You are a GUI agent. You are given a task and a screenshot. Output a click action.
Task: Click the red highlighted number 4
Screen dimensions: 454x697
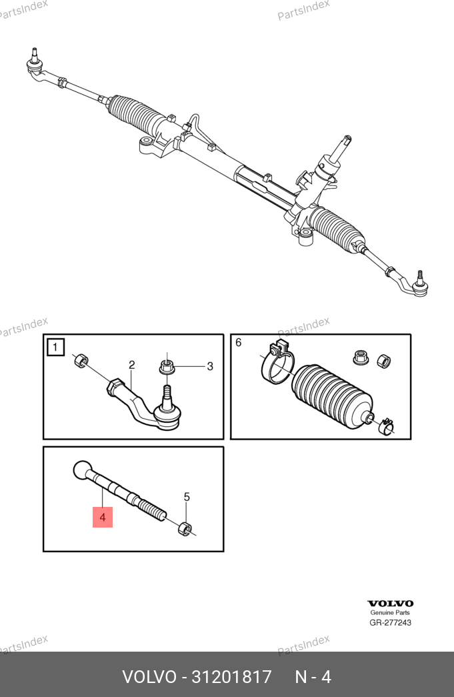(103, 518)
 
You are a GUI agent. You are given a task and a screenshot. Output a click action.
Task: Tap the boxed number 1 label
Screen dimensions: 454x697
(55, 347)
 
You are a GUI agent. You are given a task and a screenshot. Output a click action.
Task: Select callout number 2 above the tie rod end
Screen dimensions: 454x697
(131, 365)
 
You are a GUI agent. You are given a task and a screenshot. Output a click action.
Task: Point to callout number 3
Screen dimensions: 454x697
(210, 366)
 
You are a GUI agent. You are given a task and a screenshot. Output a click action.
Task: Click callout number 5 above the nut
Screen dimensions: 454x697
(187, 497)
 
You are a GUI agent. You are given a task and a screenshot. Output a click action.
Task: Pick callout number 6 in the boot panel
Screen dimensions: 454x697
(239, 343)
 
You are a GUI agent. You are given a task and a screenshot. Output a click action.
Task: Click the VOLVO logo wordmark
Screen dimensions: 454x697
(390, 603)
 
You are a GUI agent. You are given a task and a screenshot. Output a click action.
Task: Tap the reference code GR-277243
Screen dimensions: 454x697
(390, 622)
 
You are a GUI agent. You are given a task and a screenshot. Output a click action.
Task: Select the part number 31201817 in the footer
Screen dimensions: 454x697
(231, 677)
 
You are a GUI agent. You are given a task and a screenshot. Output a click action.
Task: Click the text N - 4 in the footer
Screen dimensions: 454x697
(313, 677)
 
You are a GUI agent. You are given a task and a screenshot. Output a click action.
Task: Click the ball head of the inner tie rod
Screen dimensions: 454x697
(83, 470)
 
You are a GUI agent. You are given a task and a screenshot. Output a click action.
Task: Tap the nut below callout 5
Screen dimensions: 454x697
(185, 529)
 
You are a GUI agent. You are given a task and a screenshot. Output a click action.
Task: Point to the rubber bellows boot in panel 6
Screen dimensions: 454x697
(331, 396)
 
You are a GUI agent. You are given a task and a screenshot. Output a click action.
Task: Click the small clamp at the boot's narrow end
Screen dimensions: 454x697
(387, 427)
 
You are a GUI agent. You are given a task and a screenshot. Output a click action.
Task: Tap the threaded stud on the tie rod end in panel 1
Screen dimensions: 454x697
(166, 394)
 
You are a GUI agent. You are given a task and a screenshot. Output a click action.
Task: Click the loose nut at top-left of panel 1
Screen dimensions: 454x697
(80, 360)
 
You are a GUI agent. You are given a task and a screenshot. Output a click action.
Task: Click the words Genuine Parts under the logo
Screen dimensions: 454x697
(390, 612)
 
